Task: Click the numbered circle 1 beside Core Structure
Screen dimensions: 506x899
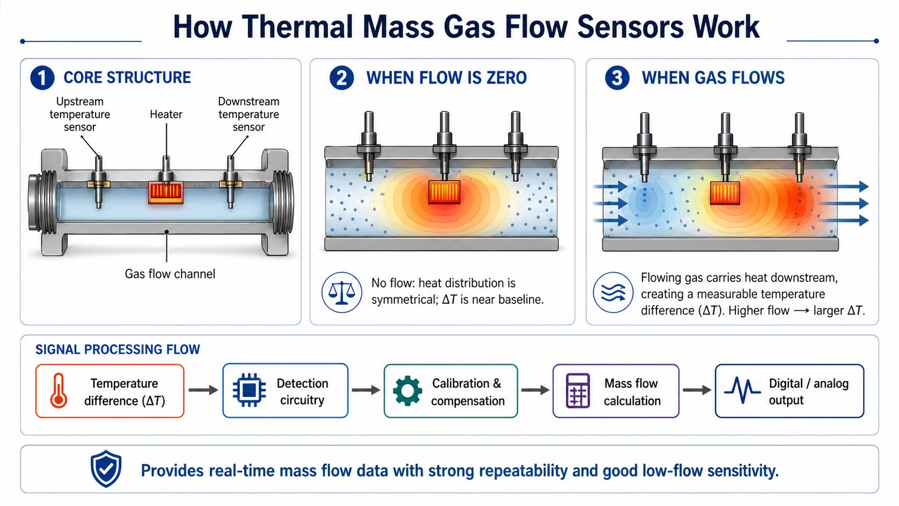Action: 42,78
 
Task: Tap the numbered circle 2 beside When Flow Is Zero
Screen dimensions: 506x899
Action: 341,78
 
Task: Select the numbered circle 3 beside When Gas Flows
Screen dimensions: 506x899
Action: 617,78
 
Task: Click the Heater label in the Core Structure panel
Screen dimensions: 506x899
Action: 166,114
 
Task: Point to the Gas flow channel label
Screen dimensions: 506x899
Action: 170,274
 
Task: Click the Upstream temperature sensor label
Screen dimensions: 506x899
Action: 80,114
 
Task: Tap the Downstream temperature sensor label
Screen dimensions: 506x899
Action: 248,114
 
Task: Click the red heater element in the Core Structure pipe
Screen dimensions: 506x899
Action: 166,193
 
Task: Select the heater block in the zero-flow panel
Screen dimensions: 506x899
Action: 444,192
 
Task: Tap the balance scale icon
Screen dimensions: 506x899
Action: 341,293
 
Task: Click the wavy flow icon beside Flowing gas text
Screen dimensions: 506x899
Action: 613,293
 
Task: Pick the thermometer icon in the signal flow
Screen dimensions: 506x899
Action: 59,391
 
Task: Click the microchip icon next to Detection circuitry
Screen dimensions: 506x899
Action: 249,390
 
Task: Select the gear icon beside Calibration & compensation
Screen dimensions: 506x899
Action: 408,391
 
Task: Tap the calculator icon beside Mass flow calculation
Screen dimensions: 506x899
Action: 577,391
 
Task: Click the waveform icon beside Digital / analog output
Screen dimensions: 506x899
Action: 742,390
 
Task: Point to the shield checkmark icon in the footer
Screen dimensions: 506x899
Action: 106,469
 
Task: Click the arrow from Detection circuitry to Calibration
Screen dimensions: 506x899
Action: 366,390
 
